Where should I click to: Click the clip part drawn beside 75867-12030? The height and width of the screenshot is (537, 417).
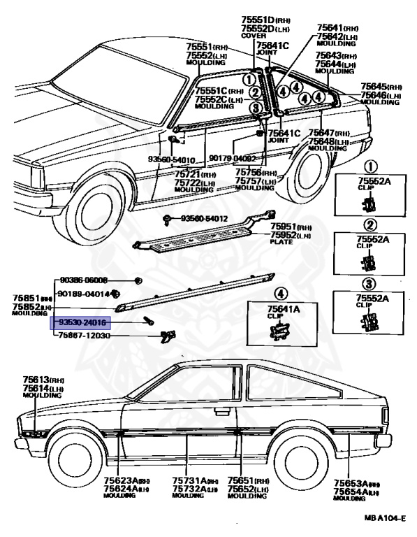tap(166, 336)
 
